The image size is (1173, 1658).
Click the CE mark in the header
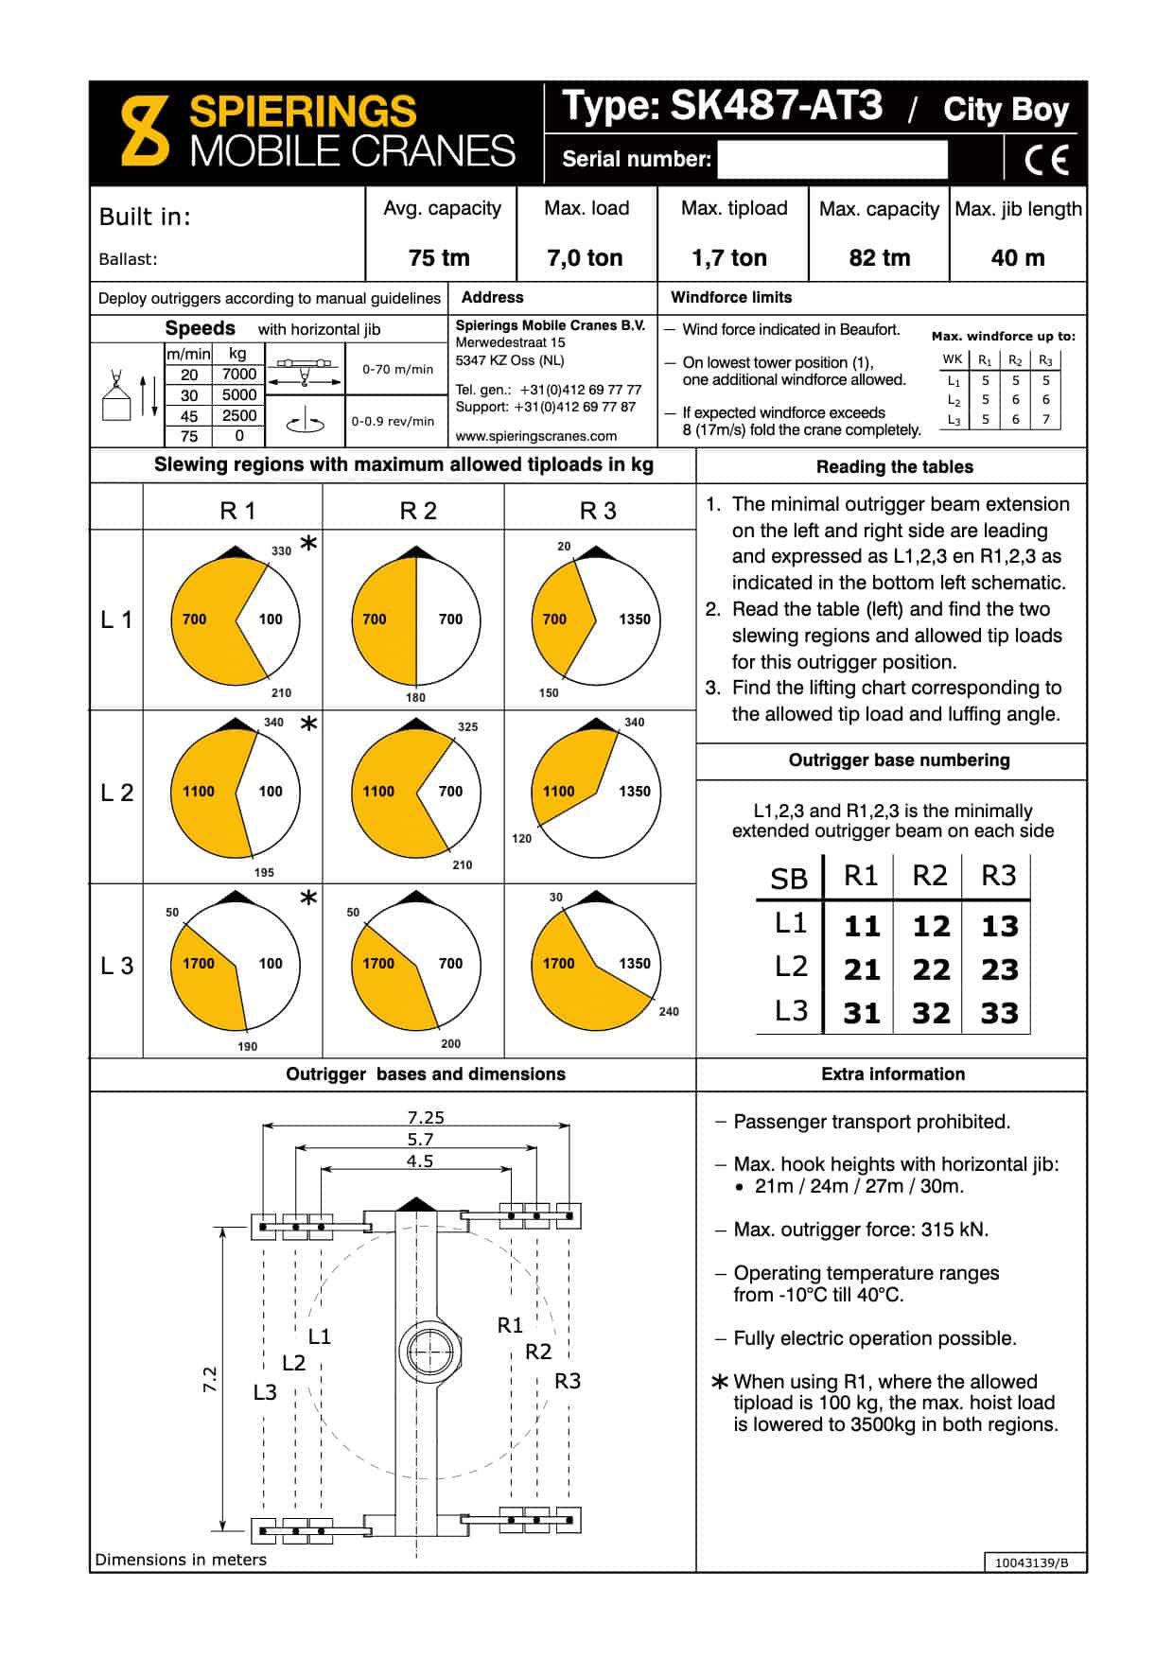click(x=1046, y=159)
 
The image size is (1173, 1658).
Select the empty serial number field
click(x=832, y=159)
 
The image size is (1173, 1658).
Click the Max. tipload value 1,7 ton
click(x=729, y=258)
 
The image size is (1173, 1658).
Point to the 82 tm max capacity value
click(x=879, y=258)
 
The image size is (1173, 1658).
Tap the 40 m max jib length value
click(x=1018, y=258)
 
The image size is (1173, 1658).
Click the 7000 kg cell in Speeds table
click(x=239, y=375)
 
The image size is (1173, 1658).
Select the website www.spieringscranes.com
click(x=536, y=436)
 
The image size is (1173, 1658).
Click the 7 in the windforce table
click(x=1045, y=419)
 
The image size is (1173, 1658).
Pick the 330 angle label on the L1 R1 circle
click(x=281, y=550)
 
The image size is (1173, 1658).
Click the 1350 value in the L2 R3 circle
click(x=634, y=792)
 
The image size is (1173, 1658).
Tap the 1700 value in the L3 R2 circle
click(x=378, y=964)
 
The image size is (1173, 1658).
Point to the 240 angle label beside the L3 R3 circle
click(x=669, y=1012)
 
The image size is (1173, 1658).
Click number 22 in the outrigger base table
click(x=931, y=969)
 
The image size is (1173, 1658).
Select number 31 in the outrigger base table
click(x=862, y=1014)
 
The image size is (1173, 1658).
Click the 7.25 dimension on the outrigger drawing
click(x=426, y=1117)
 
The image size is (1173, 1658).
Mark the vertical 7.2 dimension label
click(x=210, y=1379)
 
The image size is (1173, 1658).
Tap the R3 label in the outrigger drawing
click(x=568, y=1381)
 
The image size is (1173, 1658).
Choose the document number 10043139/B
click(x=1031, y=1562)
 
